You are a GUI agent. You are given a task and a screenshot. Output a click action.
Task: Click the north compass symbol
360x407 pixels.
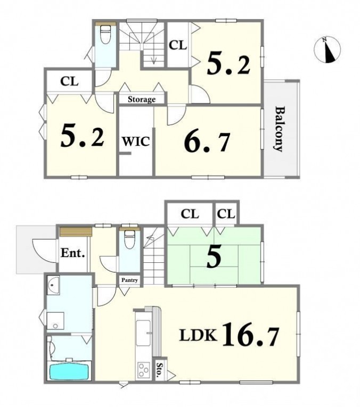point(328,50)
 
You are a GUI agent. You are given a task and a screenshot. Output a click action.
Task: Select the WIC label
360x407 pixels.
point(136,142)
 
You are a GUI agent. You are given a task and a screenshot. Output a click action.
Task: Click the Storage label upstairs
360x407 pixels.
point(142,99)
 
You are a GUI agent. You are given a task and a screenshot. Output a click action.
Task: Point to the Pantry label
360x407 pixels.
point(129,280)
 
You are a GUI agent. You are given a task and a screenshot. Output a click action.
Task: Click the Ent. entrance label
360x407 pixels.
point(73,253)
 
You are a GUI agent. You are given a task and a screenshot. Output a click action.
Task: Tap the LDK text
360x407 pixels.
point(198,335)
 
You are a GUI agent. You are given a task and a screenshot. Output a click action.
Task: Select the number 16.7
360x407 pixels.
point(251,334)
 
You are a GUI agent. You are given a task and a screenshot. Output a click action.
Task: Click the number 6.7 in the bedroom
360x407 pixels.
point(207,142)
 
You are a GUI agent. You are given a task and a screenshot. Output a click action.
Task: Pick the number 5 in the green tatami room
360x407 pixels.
point(214,257)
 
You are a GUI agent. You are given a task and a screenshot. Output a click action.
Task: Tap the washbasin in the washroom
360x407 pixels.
point(53,285)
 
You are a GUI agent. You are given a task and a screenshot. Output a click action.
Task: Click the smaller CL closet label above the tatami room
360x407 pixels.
point(226,214)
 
